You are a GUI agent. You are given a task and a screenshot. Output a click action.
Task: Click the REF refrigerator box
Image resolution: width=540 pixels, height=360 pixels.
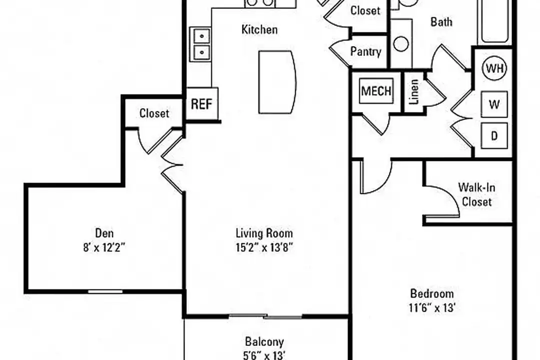[202, 103]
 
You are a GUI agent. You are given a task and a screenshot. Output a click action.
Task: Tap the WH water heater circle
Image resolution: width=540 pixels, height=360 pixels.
[494, 68]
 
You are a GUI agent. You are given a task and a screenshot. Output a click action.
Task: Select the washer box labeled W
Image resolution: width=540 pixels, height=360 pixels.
[494, 104]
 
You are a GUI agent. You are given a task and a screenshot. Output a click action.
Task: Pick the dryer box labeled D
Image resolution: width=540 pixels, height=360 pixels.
[494, 135]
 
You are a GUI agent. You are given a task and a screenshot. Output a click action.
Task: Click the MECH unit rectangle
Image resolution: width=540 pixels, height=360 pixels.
[376, 91]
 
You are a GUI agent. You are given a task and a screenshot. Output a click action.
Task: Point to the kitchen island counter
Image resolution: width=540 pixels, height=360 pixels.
[277, 82]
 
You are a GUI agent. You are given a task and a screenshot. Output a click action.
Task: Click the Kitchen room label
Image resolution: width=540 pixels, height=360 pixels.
[259, 29]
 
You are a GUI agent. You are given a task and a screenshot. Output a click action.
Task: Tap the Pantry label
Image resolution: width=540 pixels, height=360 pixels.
[365, 51]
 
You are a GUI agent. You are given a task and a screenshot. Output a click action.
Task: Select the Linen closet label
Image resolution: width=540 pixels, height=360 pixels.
[414, 91]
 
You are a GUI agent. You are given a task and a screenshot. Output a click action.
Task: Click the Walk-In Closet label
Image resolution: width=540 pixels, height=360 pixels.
[476, 194]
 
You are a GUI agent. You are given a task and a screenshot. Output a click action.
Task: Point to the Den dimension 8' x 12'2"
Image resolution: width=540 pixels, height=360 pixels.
[103, 247]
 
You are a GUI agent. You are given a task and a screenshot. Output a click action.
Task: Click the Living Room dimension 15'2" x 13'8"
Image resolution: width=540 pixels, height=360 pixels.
[264, 247]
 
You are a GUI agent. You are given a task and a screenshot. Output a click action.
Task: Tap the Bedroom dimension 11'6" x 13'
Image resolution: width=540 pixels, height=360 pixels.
[432, 307]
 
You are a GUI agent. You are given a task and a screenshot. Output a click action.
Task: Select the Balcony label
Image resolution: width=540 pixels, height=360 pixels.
[264, 341]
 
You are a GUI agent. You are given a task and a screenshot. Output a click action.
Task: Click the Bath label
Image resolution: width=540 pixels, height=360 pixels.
[441, 22]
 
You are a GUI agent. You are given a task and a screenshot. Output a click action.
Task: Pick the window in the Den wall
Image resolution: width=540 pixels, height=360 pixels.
[105, 291]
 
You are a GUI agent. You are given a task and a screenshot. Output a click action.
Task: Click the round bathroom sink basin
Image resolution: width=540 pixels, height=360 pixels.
[401, 44]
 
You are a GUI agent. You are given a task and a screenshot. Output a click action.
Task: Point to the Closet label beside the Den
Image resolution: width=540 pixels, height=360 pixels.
[154, 113]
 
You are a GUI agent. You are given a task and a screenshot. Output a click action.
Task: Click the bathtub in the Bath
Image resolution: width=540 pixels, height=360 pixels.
[494, 21]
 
